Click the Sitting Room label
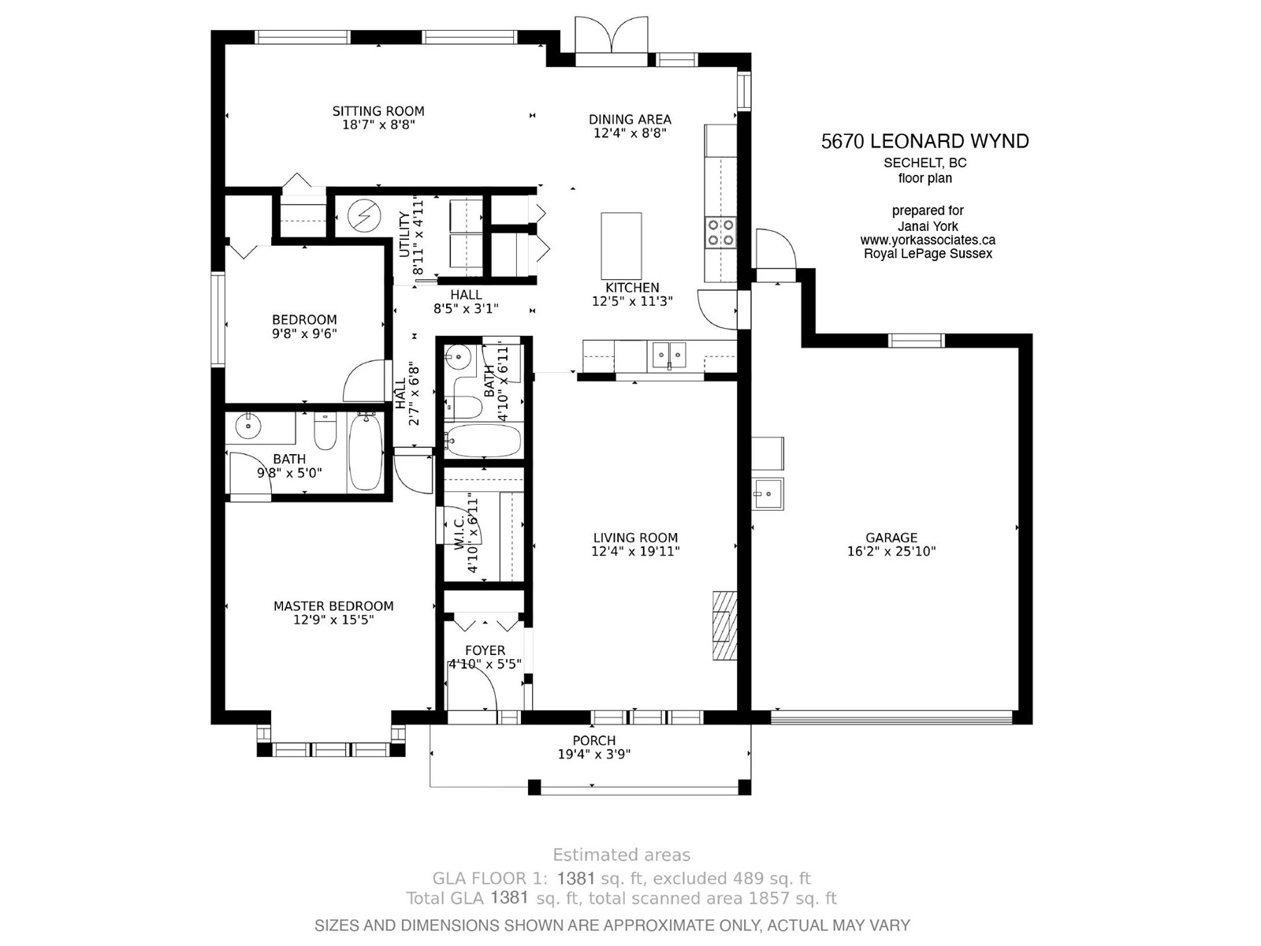tap(378, 111)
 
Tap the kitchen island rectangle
tap(621, 246)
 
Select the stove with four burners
tap(720, 232)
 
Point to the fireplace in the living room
tap(724, 625)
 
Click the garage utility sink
tap(767, 493)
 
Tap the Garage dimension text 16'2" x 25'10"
tap(891, 551)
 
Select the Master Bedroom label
tap(333, 606)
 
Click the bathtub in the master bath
tap(366, 452)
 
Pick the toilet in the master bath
tap(325, 431)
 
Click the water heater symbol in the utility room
tap(364, 216)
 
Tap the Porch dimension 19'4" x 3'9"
tap(594, 754)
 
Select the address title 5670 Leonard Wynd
tap(925, 141)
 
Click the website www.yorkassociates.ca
tap(928, 240)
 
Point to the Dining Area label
tap(630, 120)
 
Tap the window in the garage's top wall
tap(917, 341)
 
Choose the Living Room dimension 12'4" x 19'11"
tap(635, 551)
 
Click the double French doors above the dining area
tap(612, 35)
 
